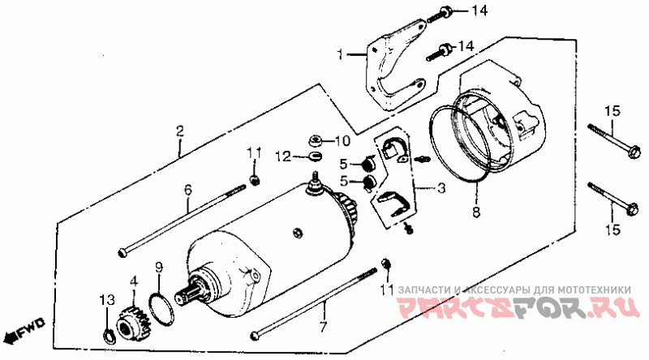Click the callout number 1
tap(342, 55)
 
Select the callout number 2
tap(180, 130)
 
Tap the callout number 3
tap(441, 189)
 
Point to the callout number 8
tap(476, 213)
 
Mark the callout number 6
tap(188, 190)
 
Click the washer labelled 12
tap(315, 155)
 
